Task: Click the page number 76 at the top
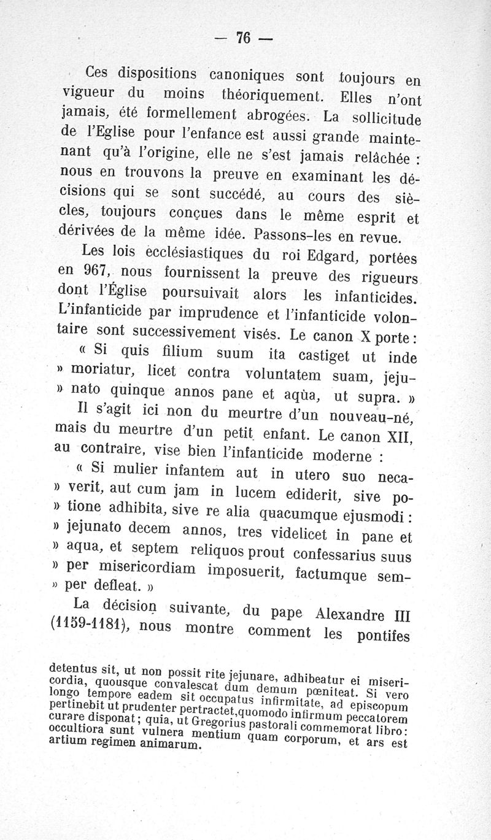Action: click(x=244, y=38)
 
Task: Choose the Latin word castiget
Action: click(x=328, y=355)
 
